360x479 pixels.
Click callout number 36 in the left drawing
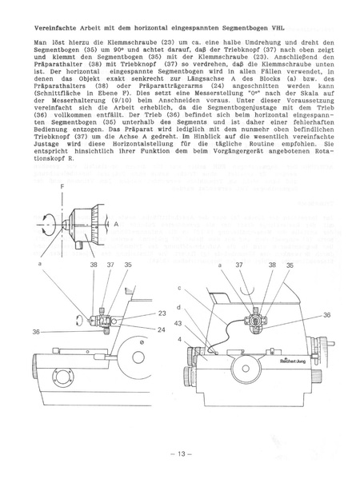35,330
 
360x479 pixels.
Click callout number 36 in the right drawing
326,316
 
